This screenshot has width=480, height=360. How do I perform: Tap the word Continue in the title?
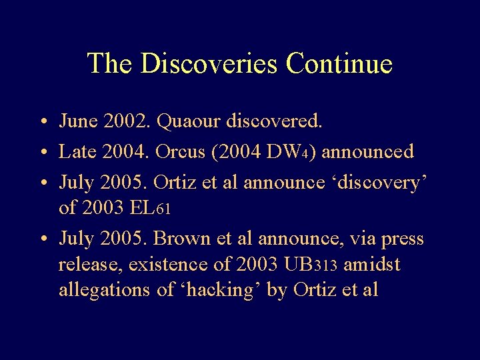pyautogui.click(x=338, y=63)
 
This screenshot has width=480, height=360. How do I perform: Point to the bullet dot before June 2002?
pyautogui.click(x=41, y=122)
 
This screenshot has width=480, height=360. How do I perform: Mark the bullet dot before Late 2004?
pyautogui.click(x=41, y=153)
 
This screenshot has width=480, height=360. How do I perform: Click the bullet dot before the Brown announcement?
pyautogui.click(x=41, y=238)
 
